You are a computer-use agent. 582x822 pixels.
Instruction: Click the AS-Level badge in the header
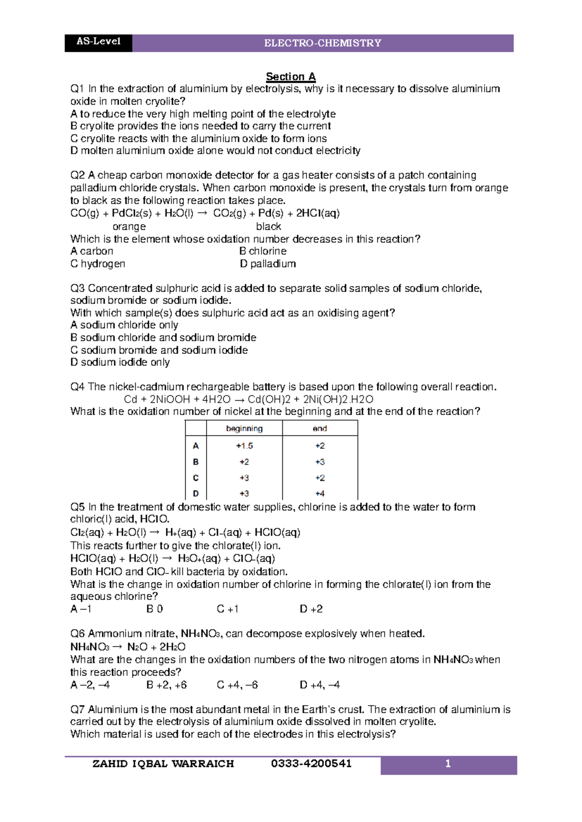(98, 42)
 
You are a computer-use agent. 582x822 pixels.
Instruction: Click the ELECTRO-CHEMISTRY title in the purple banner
(323, 43)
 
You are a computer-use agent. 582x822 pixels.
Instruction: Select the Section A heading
(291, 77)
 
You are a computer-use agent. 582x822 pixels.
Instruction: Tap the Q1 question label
(77, 89)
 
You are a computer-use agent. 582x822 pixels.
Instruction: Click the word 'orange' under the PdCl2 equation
(129, 227)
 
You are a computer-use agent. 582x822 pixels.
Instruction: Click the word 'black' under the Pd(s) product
(268, 227)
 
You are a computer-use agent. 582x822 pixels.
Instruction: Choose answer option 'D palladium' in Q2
(268, 264)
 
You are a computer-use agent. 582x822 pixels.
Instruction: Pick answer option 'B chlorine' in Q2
(263, 251)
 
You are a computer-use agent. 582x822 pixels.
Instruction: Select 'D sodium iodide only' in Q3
(120, 363)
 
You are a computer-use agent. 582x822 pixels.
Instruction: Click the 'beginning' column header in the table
(244, 428)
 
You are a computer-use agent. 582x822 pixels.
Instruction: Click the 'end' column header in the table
(320, 428)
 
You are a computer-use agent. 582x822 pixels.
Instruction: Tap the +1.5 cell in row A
(244, 446)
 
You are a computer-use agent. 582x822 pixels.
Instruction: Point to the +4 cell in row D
(320, 493)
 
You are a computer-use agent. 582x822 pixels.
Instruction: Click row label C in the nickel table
(195, 478)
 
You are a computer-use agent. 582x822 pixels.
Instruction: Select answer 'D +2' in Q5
(311, 609)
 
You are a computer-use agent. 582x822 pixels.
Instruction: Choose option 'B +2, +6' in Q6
(166, 685)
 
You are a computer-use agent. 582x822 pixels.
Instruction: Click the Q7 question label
(78, 710)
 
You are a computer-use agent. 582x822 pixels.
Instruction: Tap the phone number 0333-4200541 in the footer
(311, 764)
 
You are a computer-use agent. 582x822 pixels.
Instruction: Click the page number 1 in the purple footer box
(448, 764)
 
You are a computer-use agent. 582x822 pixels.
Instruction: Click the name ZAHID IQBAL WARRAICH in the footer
(163, 764)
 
